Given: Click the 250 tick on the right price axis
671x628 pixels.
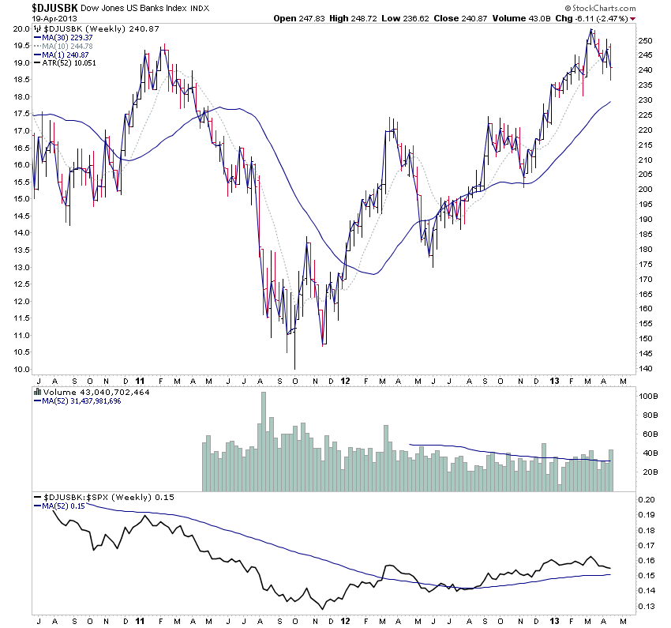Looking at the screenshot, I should click(x=645, y=40).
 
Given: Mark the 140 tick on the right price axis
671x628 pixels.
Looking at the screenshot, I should click(x=645, y=369).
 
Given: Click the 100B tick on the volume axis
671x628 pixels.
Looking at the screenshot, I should click(x=647, y=397).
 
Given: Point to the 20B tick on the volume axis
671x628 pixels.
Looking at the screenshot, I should click(x=647, y=472).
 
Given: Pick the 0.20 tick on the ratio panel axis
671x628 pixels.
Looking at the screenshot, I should click(x=647, y=500).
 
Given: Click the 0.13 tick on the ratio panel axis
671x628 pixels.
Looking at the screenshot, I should click(x=647, y=605).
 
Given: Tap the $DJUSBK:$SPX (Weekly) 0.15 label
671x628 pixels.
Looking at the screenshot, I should click(x=98, y=498).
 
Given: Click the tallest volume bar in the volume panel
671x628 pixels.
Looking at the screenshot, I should click(x=264, y=442).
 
